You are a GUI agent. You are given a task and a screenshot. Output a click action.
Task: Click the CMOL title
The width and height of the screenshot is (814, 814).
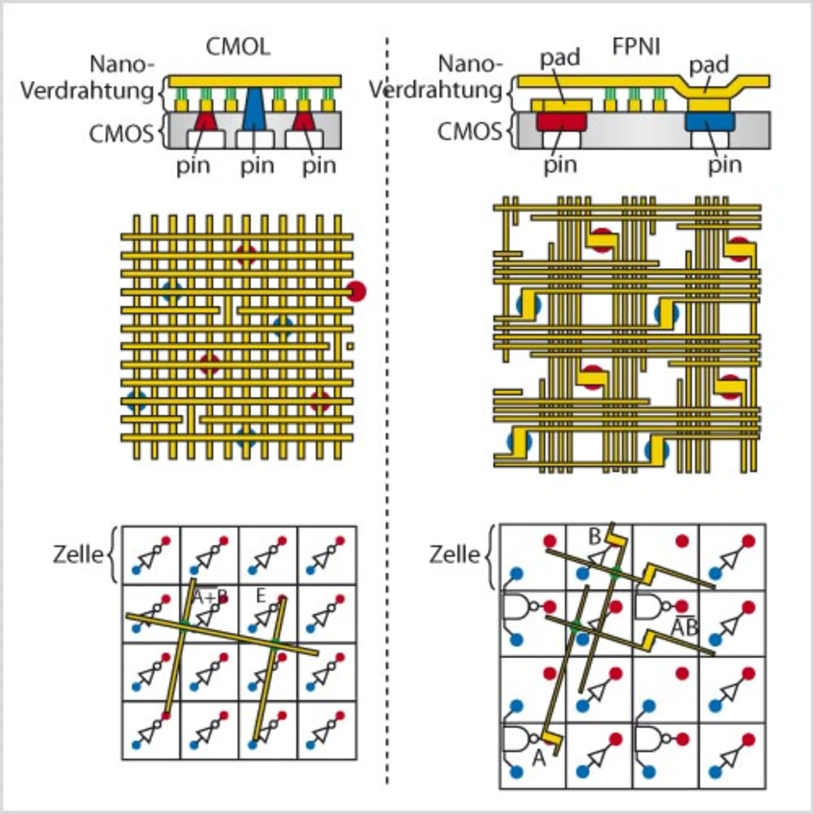pos(238,47)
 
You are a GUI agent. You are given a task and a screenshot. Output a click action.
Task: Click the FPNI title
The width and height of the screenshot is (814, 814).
pos(635,47)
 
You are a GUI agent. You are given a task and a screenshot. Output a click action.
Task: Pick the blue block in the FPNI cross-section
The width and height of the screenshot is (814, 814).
pos(710,121)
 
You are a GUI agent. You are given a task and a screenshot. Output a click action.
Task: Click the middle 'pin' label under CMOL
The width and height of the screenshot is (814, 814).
pos(257,166)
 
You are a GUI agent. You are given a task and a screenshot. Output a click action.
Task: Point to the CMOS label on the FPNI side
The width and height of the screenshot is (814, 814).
pos(469,132)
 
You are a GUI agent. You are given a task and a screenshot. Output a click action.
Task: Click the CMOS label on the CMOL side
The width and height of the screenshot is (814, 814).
pos(121,134)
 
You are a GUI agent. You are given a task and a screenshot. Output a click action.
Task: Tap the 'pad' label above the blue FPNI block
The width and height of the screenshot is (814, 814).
pos(709,65)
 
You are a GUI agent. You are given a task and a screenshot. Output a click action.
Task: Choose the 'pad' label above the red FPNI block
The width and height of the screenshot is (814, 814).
pos(560,58)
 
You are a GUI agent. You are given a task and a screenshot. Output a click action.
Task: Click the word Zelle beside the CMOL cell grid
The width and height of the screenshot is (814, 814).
pos(78,555)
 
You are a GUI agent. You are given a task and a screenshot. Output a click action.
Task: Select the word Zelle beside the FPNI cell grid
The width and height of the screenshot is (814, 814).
pos(454,555)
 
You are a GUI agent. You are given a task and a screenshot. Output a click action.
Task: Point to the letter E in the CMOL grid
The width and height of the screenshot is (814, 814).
pos(260,596)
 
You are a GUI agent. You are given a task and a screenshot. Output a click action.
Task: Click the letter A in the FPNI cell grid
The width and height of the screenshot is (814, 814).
pos(538,757)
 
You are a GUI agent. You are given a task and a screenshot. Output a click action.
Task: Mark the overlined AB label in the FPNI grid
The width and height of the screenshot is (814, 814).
pos(684,628)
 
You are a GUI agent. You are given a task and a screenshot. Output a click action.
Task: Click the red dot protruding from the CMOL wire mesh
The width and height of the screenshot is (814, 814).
pos(357,291)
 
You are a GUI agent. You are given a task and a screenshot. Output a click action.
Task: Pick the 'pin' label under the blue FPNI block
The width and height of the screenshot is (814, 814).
pos(725,165)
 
